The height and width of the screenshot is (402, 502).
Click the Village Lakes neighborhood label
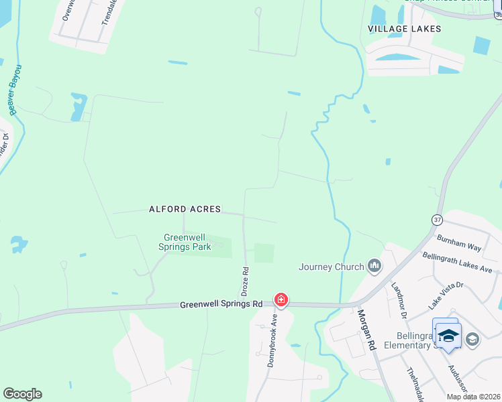click(405, 29)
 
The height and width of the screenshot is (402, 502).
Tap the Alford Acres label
click(185, 209)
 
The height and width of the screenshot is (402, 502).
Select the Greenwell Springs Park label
click(185, 242)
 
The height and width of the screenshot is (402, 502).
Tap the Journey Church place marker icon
click(374, 267)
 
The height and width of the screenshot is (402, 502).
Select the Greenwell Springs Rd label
click(221, 304)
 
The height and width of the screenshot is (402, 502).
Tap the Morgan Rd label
click(366, 331)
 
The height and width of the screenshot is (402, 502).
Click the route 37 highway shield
click(437, 219)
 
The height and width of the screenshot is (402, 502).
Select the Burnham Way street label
click(459, 243)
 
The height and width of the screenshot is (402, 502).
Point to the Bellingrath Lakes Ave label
click(457, 262)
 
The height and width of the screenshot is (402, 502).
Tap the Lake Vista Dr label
click(446, 295)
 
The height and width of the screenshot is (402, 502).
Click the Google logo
click(22, 394)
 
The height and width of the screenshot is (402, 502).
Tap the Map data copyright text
click(472, 397)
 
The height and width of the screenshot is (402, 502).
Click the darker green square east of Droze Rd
click(264, 253)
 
